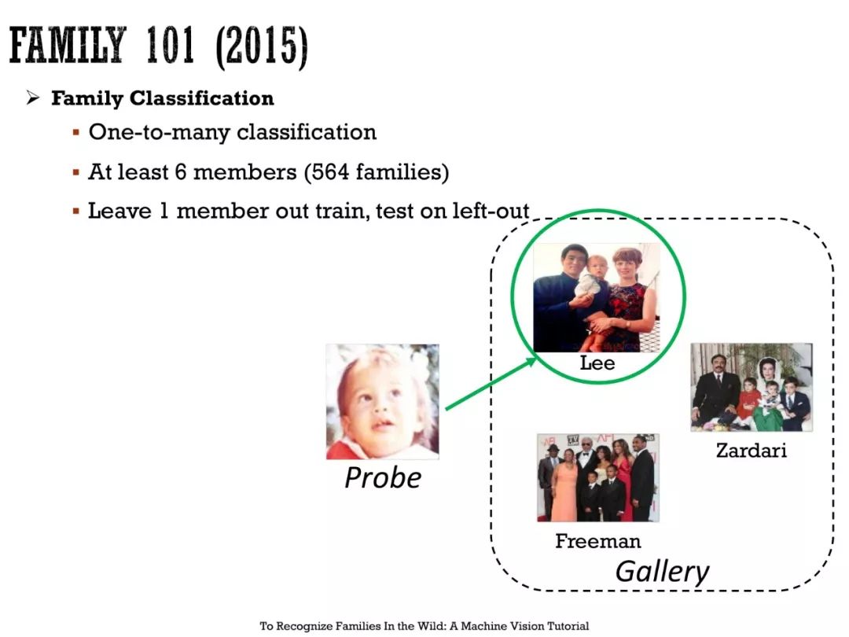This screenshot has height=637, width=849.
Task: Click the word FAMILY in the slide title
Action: [68, 45]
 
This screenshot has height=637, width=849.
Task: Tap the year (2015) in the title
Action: [262, 46]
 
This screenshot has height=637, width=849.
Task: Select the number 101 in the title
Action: [170, 45]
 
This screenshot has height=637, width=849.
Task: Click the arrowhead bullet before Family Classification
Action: [33, 98]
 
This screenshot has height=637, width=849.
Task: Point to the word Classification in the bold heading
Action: [201, 98]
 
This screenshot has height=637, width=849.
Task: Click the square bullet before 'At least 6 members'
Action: [75, 172]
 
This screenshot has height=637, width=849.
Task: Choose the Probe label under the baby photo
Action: [383, 478]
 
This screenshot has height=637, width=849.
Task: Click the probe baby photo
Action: [382, 401]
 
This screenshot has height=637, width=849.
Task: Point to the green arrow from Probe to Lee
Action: [491, 383]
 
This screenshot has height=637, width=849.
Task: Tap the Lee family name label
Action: [597, 363]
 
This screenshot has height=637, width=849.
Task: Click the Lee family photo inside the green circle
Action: [596, 297]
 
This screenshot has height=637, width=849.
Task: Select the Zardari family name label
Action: [751, 450]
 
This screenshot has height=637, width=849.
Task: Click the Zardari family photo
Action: [752, 387]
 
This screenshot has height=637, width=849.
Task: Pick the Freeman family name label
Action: [597, 540]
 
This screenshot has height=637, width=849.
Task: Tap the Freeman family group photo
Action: [597, 478]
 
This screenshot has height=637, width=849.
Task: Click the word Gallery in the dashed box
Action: [662, 572]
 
